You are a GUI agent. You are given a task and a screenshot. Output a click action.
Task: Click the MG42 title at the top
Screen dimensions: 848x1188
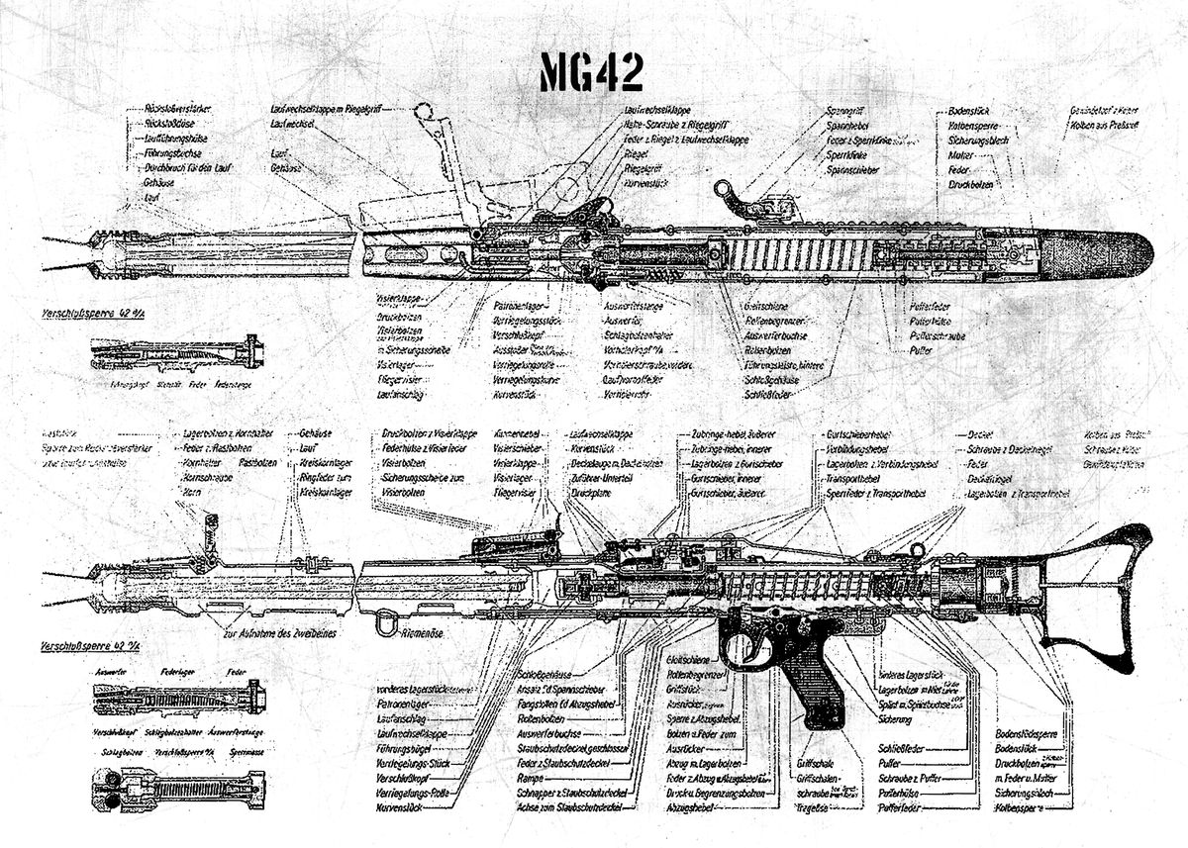[x=591, y=72]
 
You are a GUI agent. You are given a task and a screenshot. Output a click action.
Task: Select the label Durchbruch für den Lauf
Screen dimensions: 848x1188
[x=187, y=168]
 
